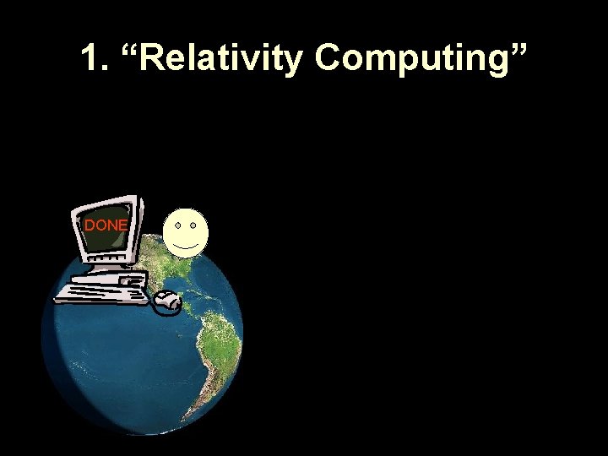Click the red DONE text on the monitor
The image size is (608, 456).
click(106, 225)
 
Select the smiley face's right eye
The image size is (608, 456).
click(193, 226)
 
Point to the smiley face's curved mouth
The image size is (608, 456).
click(186, 245)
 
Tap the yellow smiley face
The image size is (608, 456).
click(186, 233)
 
